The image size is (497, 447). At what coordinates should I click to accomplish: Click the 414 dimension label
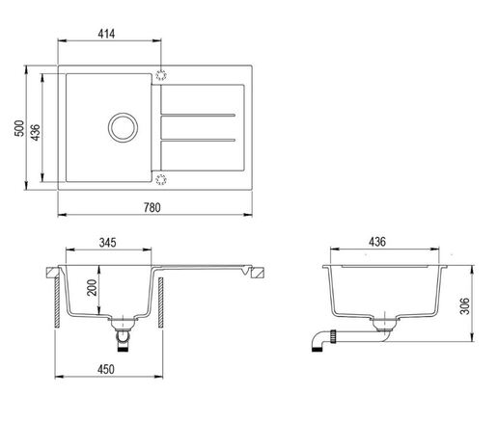pyautogui.click(x=106, y=34)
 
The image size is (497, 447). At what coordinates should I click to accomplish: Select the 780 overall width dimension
pyautogui.click(x=152, y=208)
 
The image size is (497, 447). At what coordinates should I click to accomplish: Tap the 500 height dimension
pyautogui.click(x=19, y=128)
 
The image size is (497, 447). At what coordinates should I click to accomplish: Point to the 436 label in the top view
pyautogui.click(x=35, y=132)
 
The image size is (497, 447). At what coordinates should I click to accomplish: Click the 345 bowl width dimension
pyautogui.click(x=108, y=243)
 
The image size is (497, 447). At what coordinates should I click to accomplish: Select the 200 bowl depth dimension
pyautogui.click(x=93, y=288)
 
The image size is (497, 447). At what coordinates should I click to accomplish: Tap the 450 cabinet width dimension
pyautogui.click(x=106, y=369)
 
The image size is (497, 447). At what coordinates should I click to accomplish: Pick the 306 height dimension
pyautogui.click(x=465, y=306)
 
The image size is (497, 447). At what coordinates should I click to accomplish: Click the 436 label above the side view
pyautogui.click(x=377, y=242)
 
